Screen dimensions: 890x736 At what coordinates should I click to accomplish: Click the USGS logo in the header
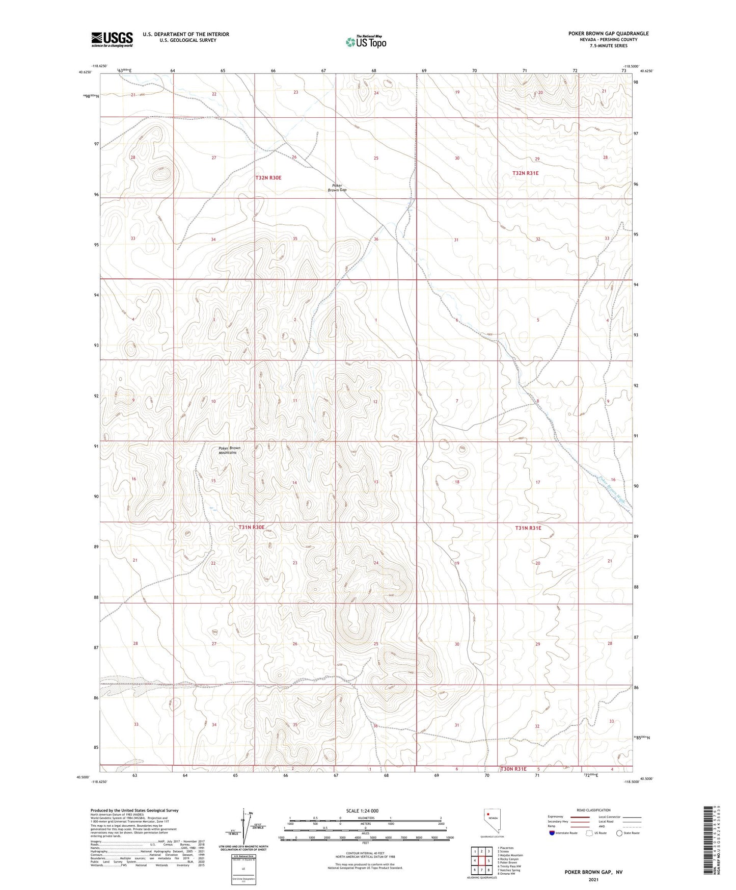coord(112,39)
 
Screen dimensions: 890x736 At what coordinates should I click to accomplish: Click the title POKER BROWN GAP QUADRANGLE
coord(608,34)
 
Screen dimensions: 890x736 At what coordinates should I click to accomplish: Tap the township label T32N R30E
coord(268,178)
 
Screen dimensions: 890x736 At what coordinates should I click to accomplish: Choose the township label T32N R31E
coord(525,173)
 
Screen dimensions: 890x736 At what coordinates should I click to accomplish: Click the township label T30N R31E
coord(513,769)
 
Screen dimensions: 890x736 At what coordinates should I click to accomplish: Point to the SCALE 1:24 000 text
coord(362,811)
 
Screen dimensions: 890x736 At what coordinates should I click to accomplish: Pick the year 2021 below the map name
coord(593,879)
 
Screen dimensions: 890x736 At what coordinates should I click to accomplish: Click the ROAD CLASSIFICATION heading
coord(593,810)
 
